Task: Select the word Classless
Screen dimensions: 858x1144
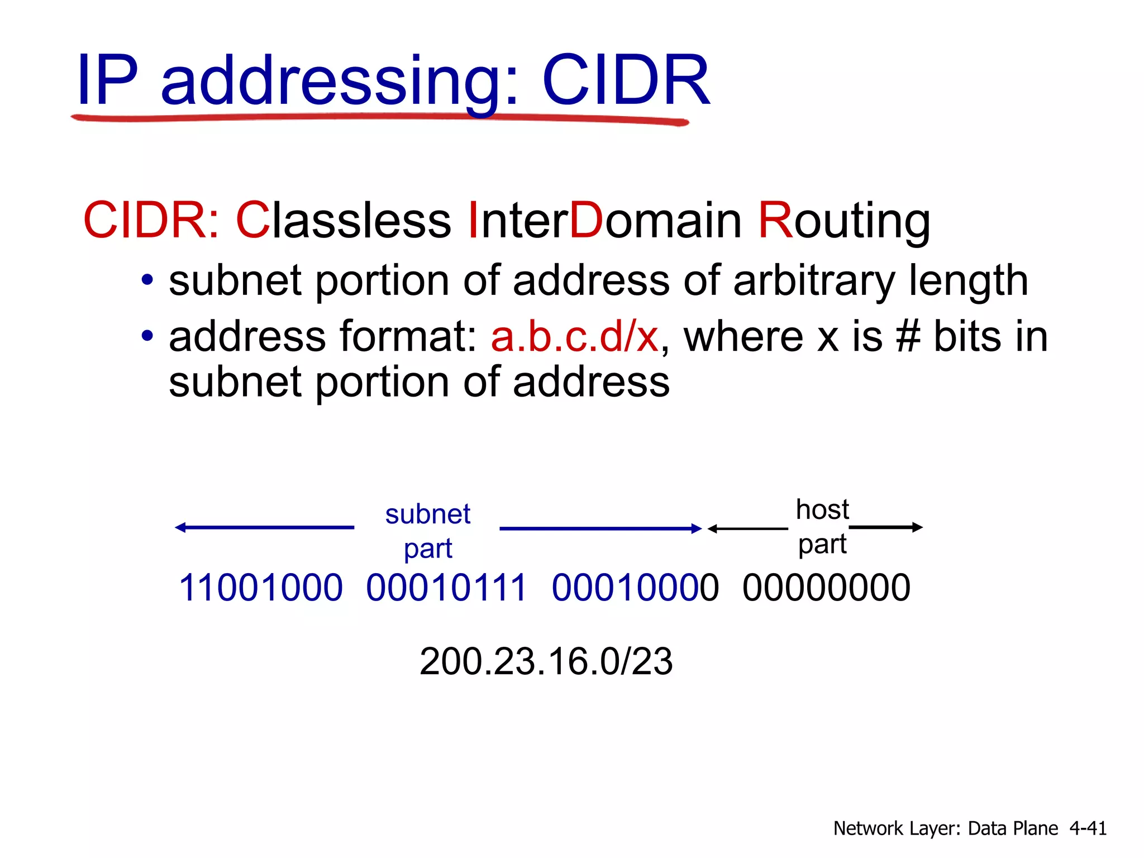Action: pos(344,220)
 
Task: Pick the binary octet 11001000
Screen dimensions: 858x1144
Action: pos(260,588)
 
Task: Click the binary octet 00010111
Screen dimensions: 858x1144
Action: pos(446,588)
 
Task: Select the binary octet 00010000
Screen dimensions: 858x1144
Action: pos(635,588)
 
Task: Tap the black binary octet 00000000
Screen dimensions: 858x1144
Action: pos(826,588)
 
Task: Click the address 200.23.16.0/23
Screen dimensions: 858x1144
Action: pos(546,661)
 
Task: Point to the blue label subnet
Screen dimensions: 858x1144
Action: pos(428,514)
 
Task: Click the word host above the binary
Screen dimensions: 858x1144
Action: pos(822,509)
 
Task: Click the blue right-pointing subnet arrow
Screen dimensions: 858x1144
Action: pos(600,528)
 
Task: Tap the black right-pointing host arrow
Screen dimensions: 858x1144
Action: pos(886,527)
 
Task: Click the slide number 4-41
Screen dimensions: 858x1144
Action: pos(1088,828)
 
